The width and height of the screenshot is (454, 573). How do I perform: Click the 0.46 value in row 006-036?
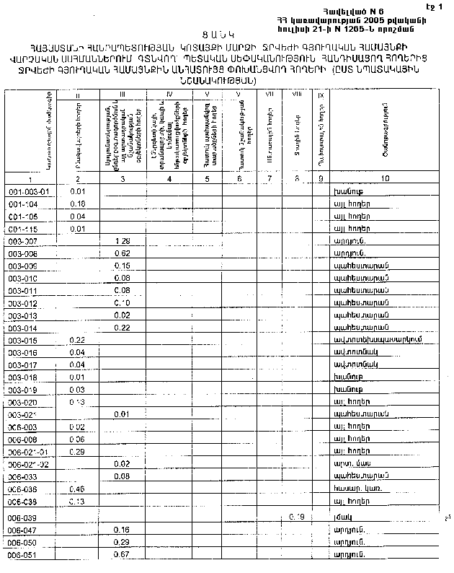click(76, 489)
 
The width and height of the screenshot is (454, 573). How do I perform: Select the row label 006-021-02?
click(28, 463)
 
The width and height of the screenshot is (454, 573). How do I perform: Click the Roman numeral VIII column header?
click(295, 95)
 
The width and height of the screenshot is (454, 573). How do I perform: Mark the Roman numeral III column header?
click(123, 95)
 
